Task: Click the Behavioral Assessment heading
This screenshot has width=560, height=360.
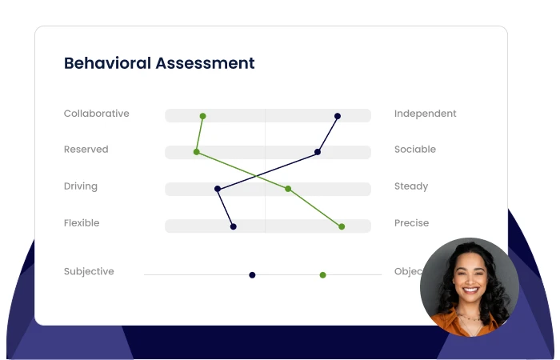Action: coord(159,63)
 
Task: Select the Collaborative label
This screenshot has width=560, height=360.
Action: coord(96,114)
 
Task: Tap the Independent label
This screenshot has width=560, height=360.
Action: coord(425,114)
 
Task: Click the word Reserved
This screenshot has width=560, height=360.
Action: coord(86,150)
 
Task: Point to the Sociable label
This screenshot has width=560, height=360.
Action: coord(415,150)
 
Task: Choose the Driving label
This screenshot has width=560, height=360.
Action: coord(80,186)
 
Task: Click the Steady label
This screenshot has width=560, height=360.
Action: coord(411,186)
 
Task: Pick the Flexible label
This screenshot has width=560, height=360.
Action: coord(82,223)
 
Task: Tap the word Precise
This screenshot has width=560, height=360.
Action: coord(411,223)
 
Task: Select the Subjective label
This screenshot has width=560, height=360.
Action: coord(89,271)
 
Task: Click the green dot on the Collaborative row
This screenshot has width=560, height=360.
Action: coord(202,116)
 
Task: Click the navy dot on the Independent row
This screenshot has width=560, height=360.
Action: coord(338,116)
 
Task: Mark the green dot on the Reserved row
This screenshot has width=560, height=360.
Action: coord(196,152)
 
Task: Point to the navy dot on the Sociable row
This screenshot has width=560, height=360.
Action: coord(318,152)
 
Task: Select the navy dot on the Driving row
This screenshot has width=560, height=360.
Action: coord(218,190)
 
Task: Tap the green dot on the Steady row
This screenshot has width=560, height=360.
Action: coord(288,189)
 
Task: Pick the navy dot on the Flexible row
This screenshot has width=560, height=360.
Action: coord(233,226)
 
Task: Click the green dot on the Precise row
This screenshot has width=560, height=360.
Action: coord(342,226)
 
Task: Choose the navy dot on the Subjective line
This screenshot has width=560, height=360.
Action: coord(252,275)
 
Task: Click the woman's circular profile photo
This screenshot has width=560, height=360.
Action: coord(469,286)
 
